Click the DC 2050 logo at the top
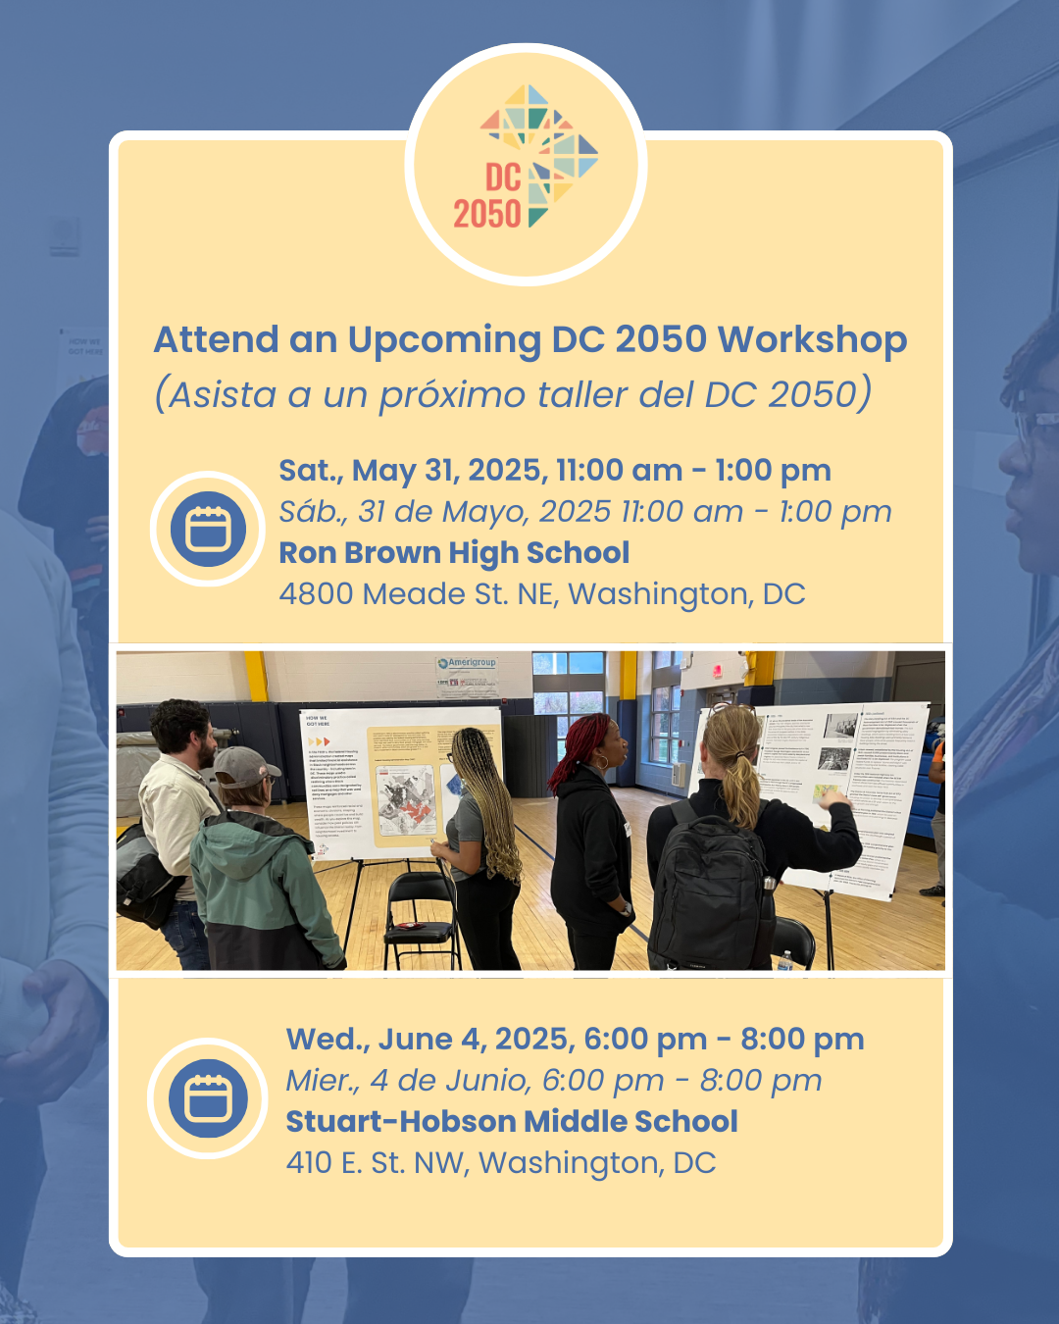[x=527, y=163]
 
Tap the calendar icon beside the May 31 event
[x=207, y=530]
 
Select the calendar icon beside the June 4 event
[x=207, y=1097]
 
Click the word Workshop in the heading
[x=812, y=340]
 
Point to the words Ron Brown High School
[x=454, y=553]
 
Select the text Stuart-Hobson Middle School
[x=511, y=1121]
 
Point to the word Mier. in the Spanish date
[x=323, y=1081]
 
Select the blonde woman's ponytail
[x=741, y=785]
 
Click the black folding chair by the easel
[x=421, y=912]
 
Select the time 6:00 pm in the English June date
[x=645, y=1040]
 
